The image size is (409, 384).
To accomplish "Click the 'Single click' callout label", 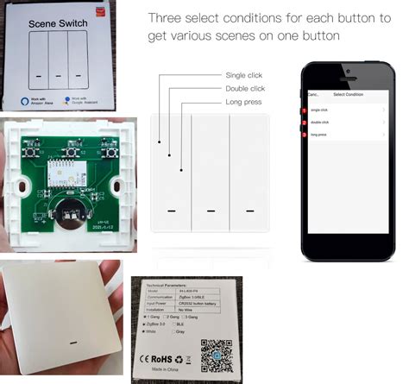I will click(x=244, y=76).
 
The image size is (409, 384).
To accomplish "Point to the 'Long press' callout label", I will click(x=243, y=102).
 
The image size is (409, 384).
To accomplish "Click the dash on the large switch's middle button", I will click(x=210, y=210).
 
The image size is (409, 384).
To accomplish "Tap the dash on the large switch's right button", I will click(x=250, y=210).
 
